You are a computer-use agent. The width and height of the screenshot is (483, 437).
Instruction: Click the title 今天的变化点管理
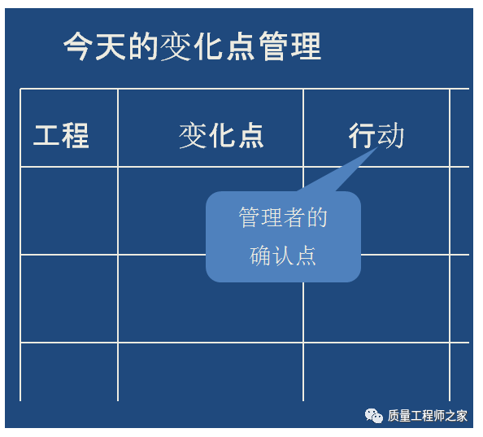click(192, 46)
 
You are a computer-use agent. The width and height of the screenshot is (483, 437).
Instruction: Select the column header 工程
click(61, 136)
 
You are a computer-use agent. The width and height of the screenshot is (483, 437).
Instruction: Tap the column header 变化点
click(221, 135)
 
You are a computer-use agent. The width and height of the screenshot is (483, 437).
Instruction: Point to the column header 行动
click(376, 135)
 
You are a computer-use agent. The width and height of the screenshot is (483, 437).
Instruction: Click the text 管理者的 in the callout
click(283, 217)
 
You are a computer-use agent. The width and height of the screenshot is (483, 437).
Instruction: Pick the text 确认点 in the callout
click(283, 256)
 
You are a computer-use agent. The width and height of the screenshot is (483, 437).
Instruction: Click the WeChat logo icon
click(374, 416)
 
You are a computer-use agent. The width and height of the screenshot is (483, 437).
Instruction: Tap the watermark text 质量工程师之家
click(427, 416)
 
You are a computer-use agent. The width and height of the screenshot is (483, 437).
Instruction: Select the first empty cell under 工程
click(69, 211)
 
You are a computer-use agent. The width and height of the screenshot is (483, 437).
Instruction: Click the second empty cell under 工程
click(69, 299)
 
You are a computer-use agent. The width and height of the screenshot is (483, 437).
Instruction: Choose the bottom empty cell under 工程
click(69, 372)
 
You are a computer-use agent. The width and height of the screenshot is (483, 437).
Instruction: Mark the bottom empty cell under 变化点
click(211, 372)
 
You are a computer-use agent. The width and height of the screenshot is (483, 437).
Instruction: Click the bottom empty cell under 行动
click(376, 372)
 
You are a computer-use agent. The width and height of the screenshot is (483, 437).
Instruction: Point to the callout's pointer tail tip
click(378, 147)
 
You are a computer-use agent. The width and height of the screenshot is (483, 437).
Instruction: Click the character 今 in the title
click(78, 46)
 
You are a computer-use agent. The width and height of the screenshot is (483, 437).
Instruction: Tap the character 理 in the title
click(307, 46)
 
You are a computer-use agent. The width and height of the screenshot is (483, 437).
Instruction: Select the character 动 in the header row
click(390, 135)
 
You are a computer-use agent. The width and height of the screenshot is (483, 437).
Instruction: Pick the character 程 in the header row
click(76, 136)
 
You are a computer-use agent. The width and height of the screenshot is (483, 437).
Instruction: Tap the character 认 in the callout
click(283, 256)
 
